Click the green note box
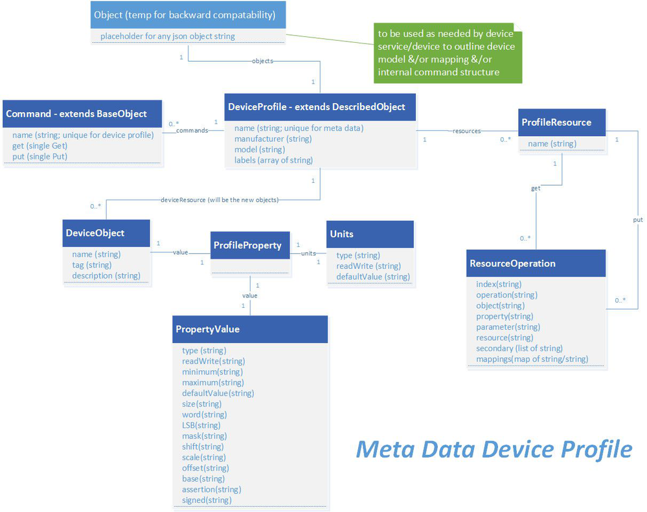448,55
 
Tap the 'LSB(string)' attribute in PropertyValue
201,425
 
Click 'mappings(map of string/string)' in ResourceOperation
532,359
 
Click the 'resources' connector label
467,131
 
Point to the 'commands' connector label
192,130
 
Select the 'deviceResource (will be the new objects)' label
219,200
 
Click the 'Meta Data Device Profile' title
494,448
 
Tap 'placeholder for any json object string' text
167,36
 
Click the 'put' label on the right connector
637,220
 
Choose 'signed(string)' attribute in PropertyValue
207,500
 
